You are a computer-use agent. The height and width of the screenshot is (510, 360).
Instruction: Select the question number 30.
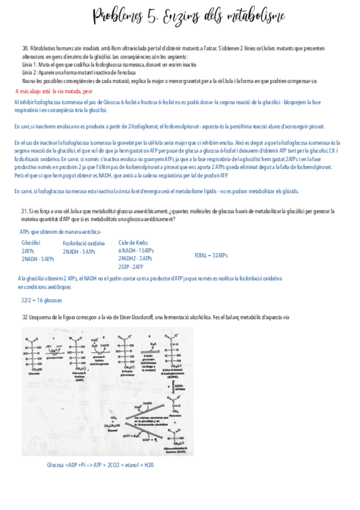tap(25, 48)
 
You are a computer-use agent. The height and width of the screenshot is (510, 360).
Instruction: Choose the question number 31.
tap(25, 211)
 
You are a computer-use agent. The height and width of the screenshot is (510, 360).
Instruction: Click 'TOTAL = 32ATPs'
tap(211, 256)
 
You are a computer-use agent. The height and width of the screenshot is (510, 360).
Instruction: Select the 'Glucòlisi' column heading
tap(31, 243)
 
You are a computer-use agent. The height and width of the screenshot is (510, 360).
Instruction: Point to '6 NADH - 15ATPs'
tap(136, 250)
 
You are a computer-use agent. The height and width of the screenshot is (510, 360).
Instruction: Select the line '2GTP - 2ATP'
tap(131, 266)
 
